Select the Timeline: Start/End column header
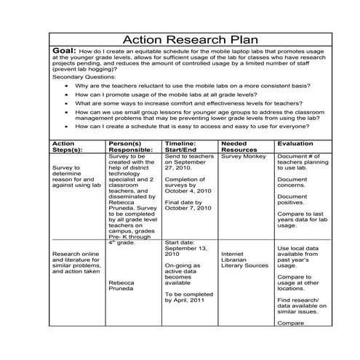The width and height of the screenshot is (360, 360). [186, 148]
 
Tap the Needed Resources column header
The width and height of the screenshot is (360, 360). [240, 148]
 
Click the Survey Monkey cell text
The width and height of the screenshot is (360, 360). [243, 156]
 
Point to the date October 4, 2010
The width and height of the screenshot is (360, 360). [188, 191]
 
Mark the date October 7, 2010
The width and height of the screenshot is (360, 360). [188, 209]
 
